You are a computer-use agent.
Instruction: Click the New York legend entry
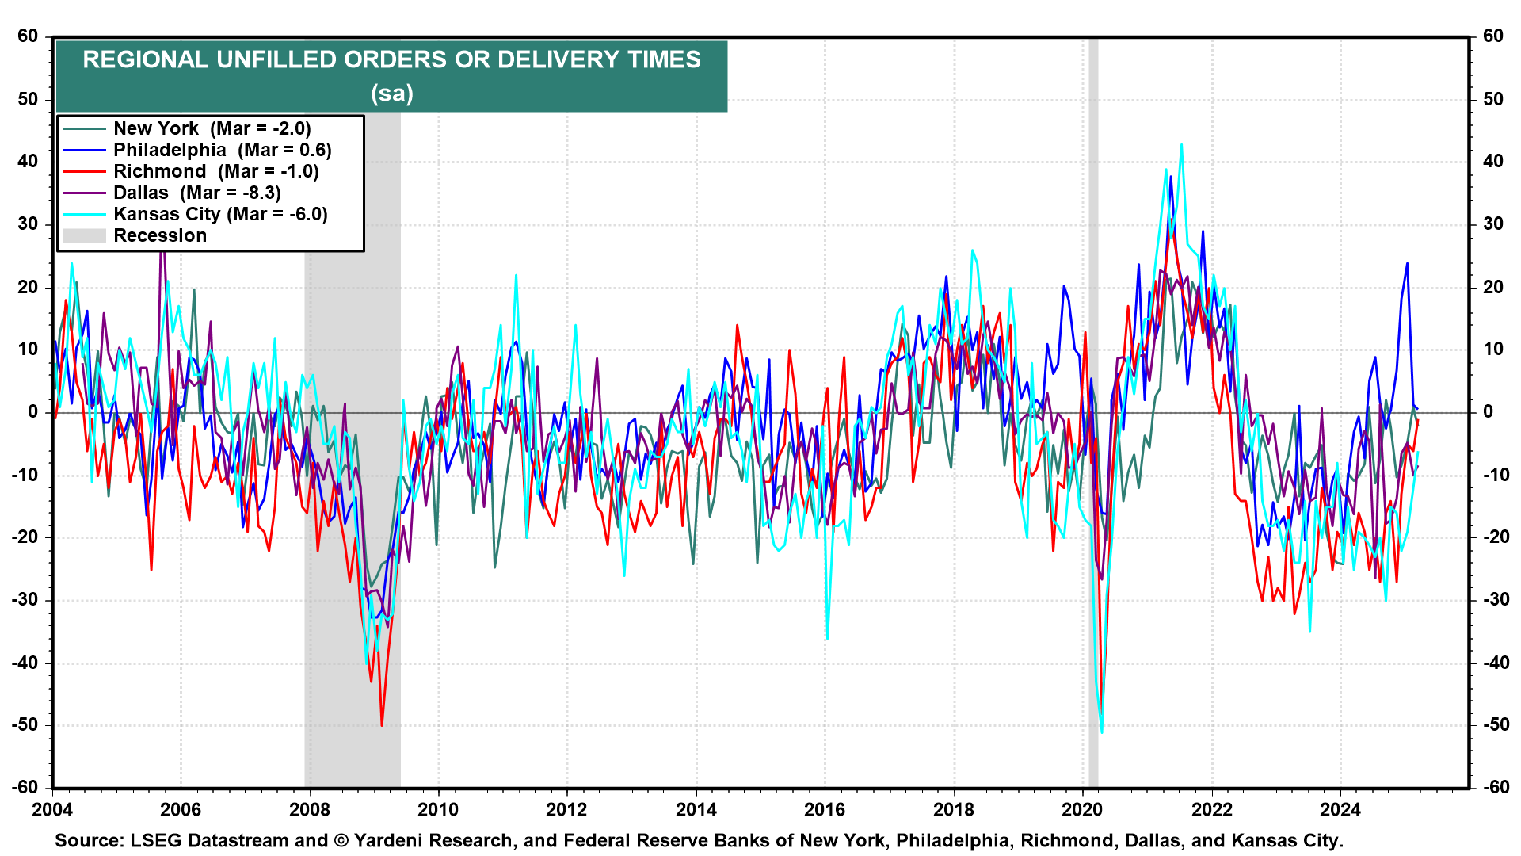(212, 128)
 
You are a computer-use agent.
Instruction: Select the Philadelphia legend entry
(222, 150)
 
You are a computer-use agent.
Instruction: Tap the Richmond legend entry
(215, 171)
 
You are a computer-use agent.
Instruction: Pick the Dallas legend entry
(196, 193)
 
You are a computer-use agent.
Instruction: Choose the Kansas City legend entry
(220, 214)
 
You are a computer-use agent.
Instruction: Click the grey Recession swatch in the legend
(84, 235)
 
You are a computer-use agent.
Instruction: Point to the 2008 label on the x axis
(310, 809)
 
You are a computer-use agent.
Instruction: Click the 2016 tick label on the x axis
(825, 809)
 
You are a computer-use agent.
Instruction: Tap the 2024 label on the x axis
(1340, 809)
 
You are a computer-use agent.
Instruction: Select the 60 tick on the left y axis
(28, 36)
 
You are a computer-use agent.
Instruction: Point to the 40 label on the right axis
(1492, 162)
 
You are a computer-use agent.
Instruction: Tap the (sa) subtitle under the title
(391, 94)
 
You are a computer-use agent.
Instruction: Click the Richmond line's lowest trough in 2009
(382, 724)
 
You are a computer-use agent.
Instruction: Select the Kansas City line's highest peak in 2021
(1181, 145)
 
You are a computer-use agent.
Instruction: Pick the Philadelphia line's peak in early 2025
(1407, 263)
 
